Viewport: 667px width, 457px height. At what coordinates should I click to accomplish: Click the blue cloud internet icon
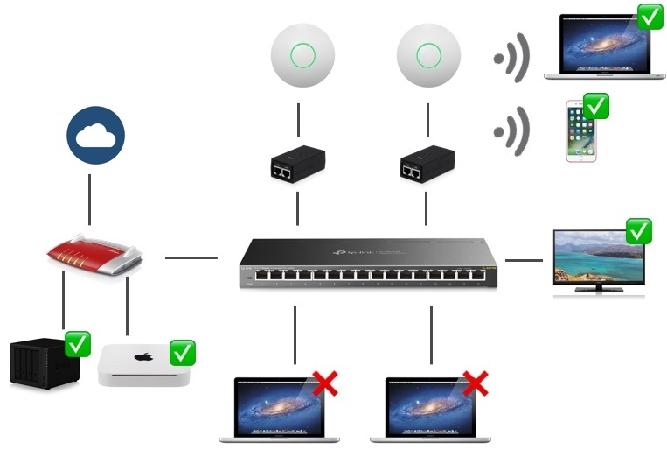(x=96, y=137)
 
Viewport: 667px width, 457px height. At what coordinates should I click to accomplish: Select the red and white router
(x=94, y=255)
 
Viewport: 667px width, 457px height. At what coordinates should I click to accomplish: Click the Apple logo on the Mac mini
(x=144, y=357)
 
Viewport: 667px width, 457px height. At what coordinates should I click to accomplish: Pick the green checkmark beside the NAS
(x=79, y=344)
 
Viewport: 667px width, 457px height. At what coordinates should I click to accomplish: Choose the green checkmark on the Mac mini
(x=183, y=353)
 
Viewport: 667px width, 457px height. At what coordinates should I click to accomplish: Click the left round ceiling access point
(x=302, y=54)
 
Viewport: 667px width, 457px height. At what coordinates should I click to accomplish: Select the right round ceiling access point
(x=428, y=54)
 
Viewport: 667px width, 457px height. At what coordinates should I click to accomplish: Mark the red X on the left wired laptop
(x=325, y=383)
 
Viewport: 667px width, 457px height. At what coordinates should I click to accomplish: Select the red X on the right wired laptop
(x=476, y=383)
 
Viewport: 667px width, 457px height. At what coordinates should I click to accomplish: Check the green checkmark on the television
(x=639, y=231)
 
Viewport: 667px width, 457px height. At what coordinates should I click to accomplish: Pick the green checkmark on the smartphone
(x=596, y=107)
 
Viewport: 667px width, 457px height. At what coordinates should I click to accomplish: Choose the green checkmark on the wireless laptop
(x=650, y=17)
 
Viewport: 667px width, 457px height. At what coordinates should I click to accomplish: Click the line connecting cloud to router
(x=90, y=198)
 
